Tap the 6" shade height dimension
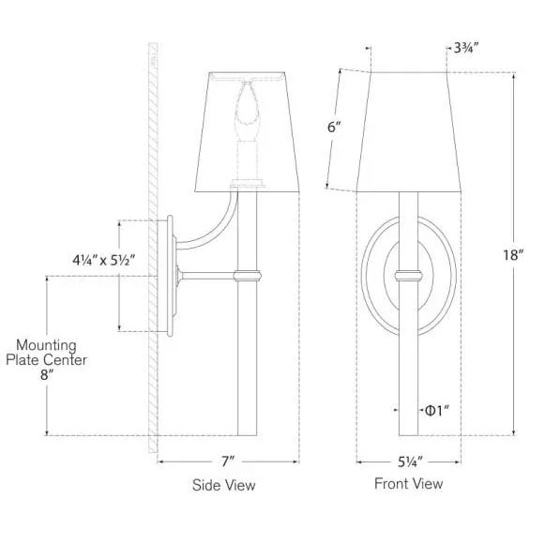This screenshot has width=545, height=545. pyautogui.click(x=332, y=129)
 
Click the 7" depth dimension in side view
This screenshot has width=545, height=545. pyautogui.click(x=227, y=461)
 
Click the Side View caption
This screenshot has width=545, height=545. pyautogui.click(x=223, y=486)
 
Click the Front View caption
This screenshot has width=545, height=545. pyautogui.click(x=408, y=484)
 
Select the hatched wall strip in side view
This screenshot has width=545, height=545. pyautogui.click(x=151, y=244)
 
